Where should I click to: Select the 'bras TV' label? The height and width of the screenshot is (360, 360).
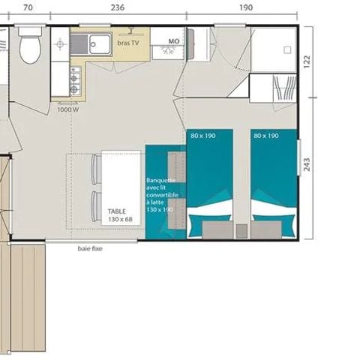point(128,43)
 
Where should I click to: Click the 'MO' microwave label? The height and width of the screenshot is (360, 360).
point(173,41)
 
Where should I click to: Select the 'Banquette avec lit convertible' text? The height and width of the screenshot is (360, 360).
point(163,194)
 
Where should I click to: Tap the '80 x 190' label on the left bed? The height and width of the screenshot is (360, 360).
point(202,136)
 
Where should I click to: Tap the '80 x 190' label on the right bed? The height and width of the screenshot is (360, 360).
point(266,136)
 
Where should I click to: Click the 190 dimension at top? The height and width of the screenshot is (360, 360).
point(246,7)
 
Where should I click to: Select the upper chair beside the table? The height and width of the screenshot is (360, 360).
point(94,166)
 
